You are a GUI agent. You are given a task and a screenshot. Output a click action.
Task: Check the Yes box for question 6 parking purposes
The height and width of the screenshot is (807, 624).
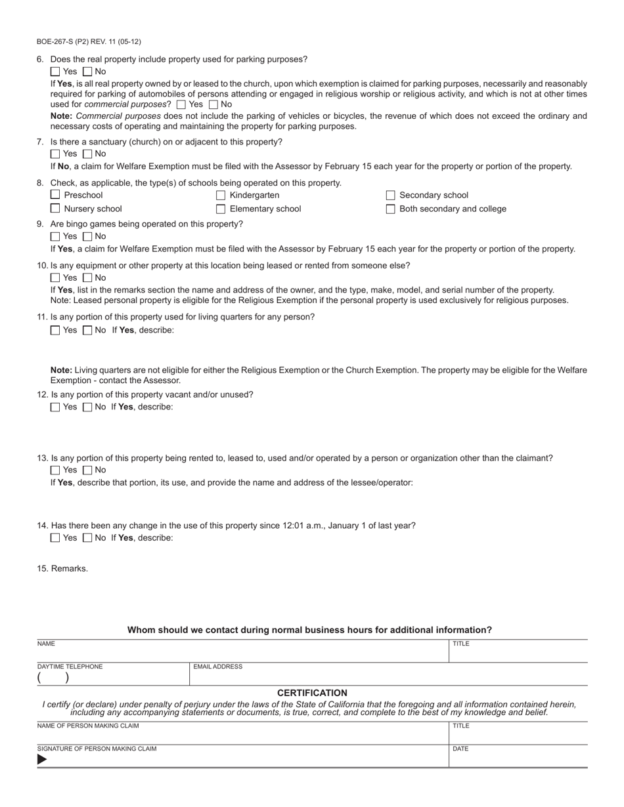55,72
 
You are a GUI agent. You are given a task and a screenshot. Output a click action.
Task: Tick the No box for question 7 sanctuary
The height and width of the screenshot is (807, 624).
87,154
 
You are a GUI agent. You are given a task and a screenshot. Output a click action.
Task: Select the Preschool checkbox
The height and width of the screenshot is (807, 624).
55,195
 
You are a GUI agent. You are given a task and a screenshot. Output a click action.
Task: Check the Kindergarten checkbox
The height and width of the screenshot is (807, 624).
221,196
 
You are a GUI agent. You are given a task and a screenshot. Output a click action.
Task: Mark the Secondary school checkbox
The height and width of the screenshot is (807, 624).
390,196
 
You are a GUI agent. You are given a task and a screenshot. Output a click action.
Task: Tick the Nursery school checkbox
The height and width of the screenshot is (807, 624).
55,209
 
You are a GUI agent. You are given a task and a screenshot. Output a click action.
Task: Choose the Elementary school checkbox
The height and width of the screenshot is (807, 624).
221,209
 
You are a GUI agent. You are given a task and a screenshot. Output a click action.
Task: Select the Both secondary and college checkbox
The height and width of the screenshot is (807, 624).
390,209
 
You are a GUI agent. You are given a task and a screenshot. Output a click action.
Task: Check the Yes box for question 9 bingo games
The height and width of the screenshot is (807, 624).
55,236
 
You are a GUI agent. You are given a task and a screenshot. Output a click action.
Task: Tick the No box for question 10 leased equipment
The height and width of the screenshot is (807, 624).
87,278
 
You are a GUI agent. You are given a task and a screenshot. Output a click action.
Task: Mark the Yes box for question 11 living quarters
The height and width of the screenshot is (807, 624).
55,330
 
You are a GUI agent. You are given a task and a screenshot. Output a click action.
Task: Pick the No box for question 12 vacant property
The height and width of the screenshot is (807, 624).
87,407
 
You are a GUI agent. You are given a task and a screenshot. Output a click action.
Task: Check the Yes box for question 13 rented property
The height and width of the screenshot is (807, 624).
55,470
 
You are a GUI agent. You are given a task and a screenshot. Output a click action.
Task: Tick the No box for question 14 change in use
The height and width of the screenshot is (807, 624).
87,538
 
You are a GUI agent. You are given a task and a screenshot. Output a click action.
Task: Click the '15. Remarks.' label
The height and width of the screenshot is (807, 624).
62,569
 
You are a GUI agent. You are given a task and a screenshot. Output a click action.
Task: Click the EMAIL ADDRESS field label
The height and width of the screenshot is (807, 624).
217,667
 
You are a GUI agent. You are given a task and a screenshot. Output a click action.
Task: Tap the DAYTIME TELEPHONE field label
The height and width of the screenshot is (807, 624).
70,667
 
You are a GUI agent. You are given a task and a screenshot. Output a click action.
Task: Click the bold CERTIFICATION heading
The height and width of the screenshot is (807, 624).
312,693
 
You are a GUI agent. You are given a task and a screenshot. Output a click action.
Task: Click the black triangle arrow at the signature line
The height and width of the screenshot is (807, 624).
42,760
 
